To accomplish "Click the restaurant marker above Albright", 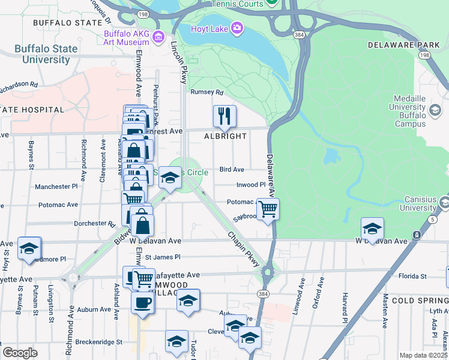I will (x=224, y=116).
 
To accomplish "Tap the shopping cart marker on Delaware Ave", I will (x=268, y=209).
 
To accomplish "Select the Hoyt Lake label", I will (x=206, y=28).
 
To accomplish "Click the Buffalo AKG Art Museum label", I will (x=126, y=38).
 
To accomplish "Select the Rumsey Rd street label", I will (x=206, y=92).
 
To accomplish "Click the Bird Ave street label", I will (x=232, y=170).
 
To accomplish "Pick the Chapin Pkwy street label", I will (x=244, y=247).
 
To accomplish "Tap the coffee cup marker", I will (x=142, y=302).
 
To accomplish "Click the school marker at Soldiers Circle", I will (x=170, y=178).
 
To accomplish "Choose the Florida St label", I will (x=414, y=277).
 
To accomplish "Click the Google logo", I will (x=20, y=352).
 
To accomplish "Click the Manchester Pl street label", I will (x=56, y=187).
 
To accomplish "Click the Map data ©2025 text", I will (x=423, y=355).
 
